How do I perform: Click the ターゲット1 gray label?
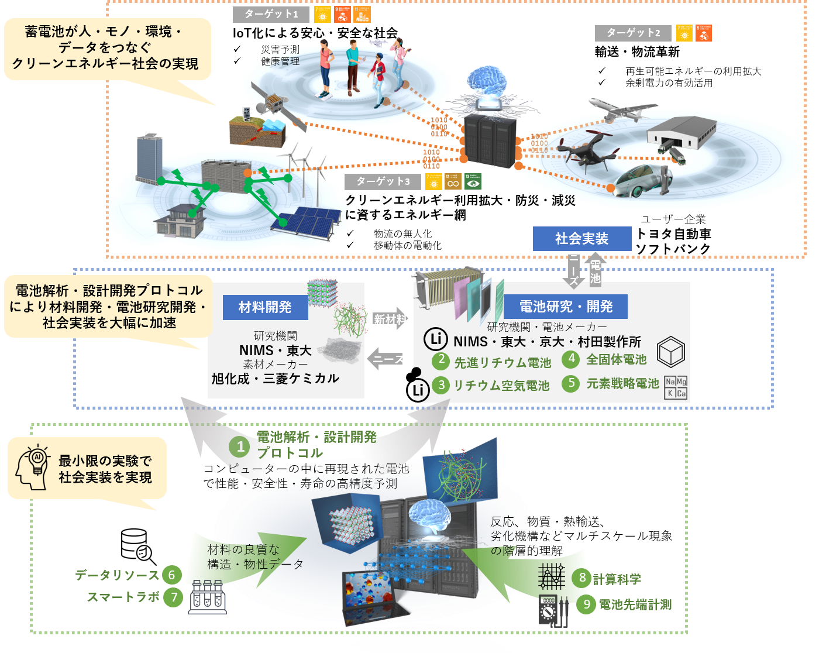coord(270,15)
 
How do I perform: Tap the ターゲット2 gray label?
coord(633,33)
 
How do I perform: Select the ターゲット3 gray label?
coord(383,182)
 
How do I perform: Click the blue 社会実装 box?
coord(582,239)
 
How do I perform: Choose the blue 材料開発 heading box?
coord(265,307)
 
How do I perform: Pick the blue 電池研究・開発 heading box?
coord(566,307)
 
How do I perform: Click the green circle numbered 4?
coord(571,359)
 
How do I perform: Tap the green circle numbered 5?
coord(571,383)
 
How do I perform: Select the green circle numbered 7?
coord(173,597)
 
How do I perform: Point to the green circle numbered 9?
coord(586,604)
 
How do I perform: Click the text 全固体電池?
coord(617,359)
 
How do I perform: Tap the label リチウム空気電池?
coord(501,386)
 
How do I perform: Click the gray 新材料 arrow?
coord(390,319)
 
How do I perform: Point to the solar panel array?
coord(310,221)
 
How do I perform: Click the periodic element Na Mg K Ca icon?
coord(676,387)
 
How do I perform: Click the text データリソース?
coord(117,575)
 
